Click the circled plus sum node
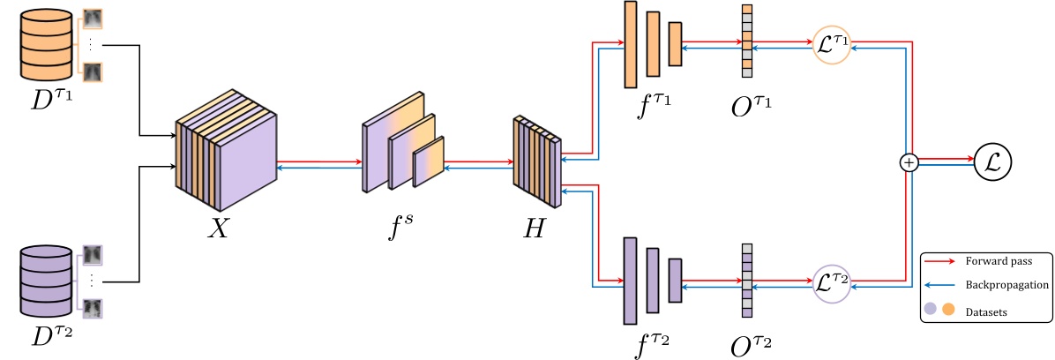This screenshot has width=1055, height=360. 909,162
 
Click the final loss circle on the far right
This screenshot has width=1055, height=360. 992,162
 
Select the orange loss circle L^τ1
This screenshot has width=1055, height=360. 831,44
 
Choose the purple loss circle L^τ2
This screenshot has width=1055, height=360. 831,283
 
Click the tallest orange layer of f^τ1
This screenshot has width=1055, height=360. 630,44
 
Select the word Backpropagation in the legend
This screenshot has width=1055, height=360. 1006,286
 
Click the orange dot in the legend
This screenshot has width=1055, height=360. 950,310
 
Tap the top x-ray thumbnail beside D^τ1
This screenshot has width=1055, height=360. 93,21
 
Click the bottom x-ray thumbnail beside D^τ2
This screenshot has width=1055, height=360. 93,308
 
